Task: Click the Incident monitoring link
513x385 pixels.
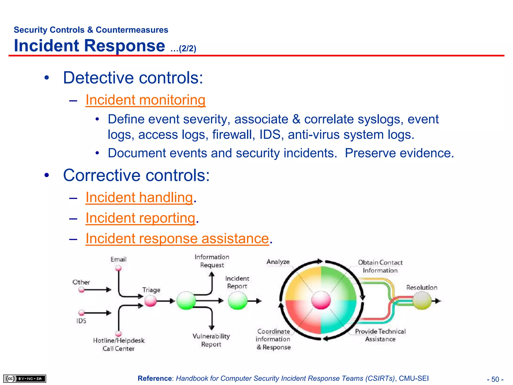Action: [145, 100]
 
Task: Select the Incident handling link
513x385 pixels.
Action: [139, 198]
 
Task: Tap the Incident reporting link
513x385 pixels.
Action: [140, 218]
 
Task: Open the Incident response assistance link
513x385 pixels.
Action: [177, 238]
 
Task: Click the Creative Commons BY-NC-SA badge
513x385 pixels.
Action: [25, 378]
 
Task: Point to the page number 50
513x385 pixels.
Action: [495, 379]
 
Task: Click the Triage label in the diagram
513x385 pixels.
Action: [151, 290]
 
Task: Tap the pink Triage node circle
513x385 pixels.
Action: [151, 301]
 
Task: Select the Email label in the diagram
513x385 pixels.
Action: [118, 259]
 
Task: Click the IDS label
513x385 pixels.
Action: [81, 321]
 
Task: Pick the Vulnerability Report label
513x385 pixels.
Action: [211, 340]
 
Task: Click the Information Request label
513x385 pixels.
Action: [212, 261]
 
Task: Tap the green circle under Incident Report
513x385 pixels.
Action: [237, 301]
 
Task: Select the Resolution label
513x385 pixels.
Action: [422, 287]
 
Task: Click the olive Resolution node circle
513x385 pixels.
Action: [422, 301]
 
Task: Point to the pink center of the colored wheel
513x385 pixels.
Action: [321, 300]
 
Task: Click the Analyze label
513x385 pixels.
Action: [278, 262]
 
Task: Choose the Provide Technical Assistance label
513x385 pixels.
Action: [380, 335]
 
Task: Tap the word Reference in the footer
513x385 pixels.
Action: [155, 378]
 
